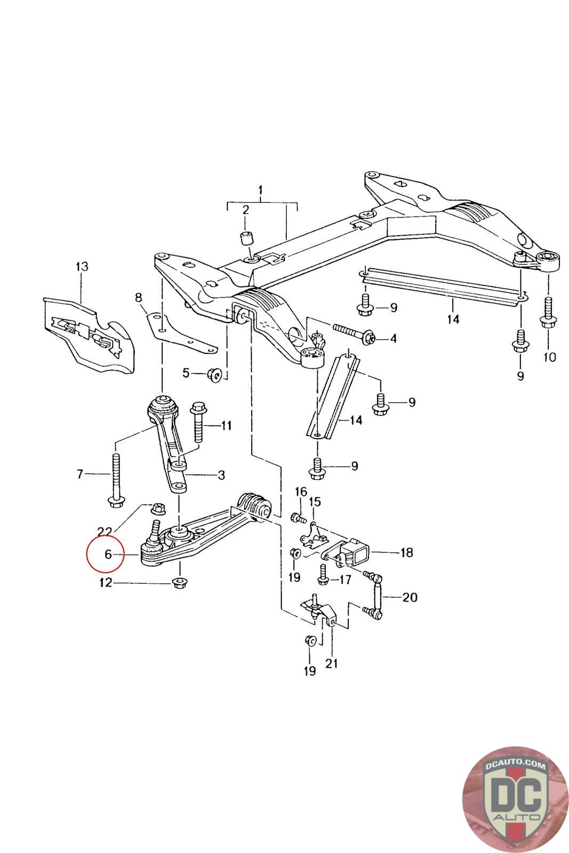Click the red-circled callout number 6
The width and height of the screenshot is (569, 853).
(108, 554)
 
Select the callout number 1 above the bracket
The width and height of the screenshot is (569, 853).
(261, 190)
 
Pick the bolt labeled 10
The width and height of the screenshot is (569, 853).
(548, 314)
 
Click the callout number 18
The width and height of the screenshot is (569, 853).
(406, 552)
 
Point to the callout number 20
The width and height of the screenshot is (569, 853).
(410, 597)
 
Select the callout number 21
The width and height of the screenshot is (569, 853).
(331, 664)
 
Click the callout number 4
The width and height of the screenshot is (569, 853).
(393, 338)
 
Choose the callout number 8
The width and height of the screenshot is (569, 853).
(139, 296)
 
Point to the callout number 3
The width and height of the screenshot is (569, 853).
(220, 474)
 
